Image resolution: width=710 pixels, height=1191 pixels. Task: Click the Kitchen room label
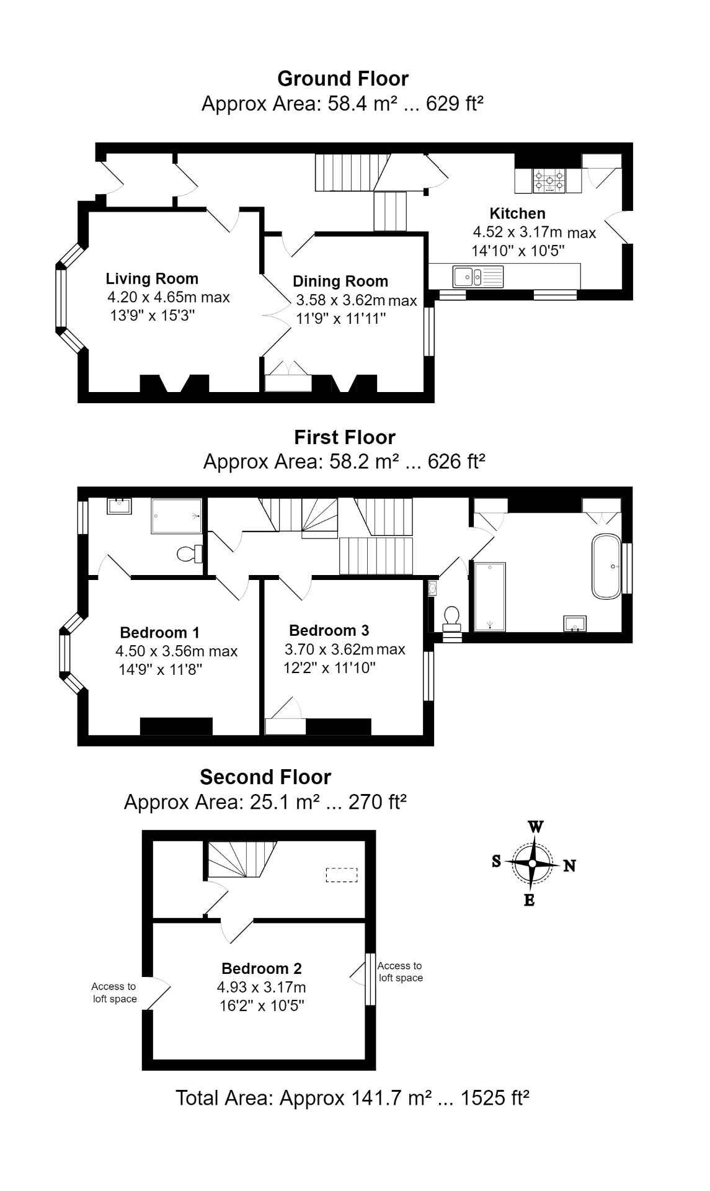click(517, 213)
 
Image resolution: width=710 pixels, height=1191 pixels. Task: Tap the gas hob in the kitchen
click(549, 180)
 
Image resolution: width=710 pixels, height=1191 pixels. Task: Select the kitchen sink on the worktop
click(479, 275)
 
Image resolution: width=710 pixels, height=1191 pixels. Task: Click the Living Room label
click(152, 279)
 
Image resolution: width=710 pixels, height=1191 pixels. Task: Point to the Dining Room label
click(340, 282)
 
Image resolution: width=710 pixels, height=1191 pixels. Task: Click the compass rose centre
click(532, 863)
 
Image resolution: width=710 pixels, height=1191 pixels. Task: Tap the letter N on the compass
click(569, 865)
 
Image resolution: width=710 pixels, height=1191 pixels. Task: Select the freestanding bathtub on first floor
click(606, 566)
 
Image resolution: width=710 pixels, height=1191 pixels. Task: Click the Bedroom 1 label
click(160, 633)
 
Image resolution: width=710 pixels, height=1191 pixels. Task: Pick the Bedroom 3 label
click(329, 631)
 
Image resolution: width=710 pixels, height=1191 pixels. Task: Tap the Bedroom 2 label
click(262, 968)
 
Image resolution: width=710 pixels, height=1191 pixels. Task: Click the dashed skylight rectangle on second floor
click(342, 875)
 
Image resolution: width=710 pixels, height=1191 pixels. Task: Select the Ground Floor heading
click(343, 79)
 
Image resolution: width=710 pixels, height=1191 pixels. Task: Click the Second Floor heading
click(265, 777)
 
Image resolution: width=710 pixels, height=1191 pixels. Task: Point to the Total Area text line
click(352, 1098)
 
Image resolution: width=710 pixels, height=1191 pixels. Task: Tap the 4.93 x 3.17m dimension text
click(261, 987)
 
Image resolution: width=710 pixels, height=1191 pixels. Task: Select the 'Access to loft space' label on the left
click(114, 993)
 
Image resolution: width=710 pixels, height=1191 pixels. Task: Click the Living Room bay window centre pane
click(61, 298)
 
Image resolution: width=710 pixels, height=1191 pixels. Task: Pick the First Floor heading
click(345, 437)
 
